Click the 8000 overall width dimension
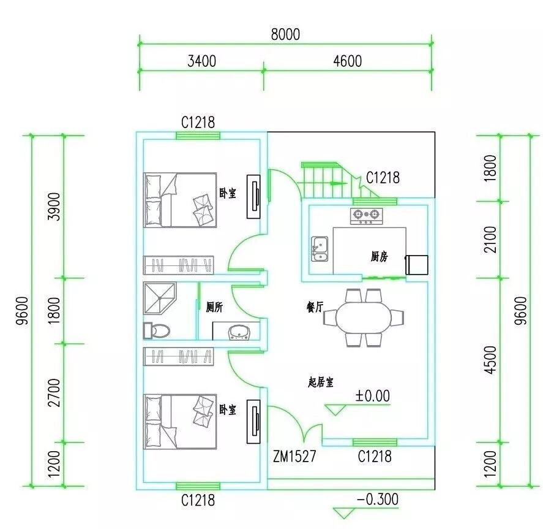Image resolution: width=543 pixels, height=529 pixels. [285, 34]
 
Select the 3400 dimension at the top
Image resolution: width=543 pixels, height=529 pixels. [201, 61]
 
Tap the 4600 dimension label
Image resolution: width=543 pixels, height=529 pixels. [347, 61]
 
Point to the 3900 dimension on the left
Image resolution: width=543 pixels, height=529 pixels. [54, 207]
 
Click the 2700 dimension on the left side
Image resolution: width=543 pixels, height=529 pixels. [54, 393]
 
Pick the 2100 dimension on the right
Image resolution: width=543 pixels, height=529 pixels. [490, 239]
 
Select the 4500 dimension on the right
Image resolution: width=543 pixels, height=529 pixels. [490, 359]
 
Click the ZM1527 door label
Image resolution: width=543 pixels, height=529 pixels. [294, 456]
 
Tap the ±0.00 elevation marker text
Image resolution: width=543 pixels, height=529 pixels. [372, 395]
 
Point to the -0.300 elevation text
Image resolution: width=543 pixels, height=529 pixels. [378, 499]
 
